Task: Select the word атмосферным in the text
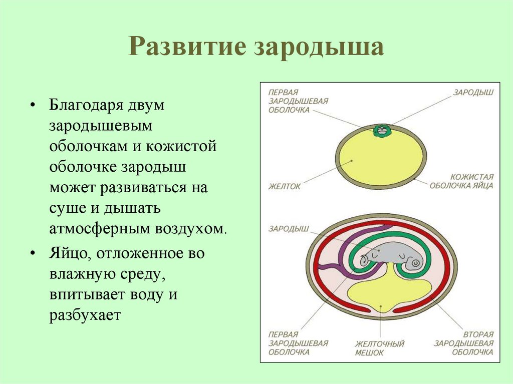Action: point(99,228)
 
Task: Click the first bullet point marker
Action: point(33,107)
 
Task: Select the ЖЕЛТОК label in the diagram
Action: point(285,186)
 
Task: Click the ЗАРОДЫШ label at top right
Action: point(473,93)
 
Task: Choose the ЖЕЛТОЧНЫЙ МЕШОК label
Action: point(379,348)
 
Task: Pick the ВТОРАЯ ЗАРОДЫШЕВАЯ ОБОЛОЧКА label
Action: point(463,343)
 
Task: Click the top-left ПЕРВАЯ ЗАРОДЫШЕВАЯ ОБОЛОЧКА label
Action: point(298,101)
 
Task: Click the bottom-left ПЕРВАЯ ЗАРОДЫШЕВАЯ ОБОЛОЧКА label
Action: point(298,343)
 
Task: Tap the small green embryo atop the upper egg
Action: point(382,131)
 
